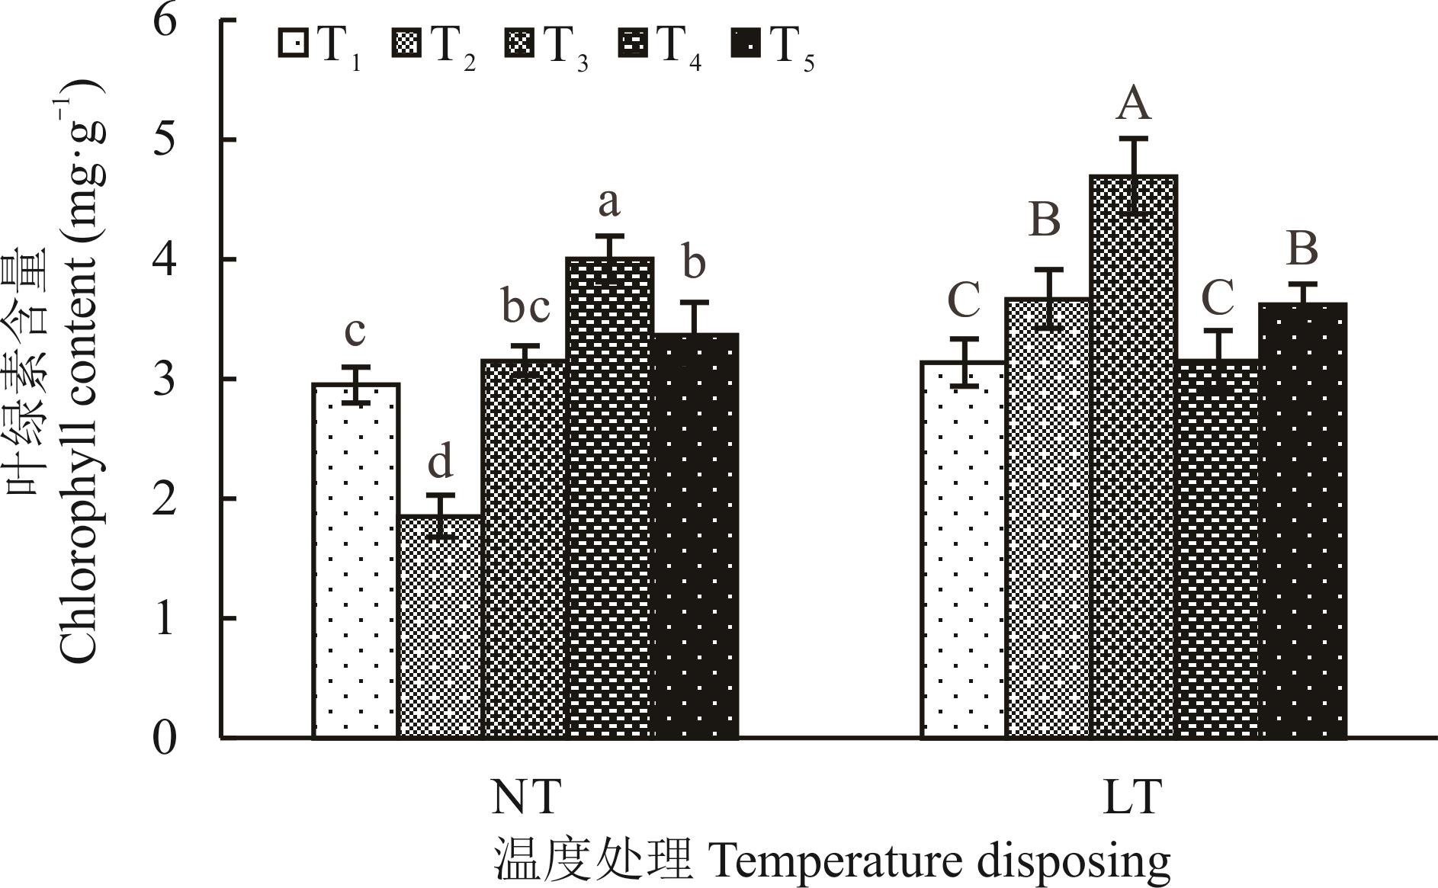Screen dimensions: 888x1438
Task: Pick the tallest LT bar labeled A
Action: coord(1134,457)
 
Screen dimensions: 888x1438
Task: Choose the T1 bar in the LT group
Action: coord(964,550)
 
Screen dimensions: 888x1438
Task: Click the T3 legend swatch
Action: coord(519,43)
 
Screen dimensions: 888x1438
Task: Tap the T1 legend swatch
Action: coord(294,43)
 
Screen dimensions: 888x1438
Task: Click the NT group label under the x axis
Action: coord(526,797)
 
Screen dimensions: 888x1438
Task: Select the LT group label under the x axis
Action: coord(1133,797)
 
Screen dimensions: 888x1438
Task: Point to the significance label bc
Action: coord(525,306)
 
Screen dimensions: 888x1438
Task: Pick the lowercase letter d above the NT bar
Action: coord(441,461)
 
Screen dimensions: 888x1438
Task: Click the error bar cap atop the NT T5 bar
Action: coord(695,303)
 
